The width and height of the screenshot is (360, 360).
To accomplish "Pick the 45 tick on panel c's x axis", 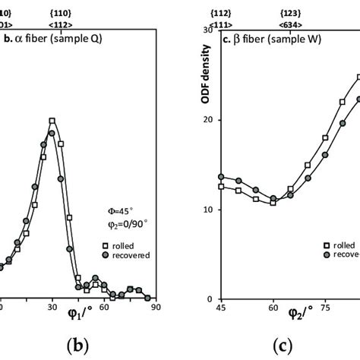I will click(x=221, y=308).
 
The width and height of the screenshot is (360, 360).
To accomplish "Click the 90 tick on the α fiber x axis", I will click(x=155, y=308).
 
